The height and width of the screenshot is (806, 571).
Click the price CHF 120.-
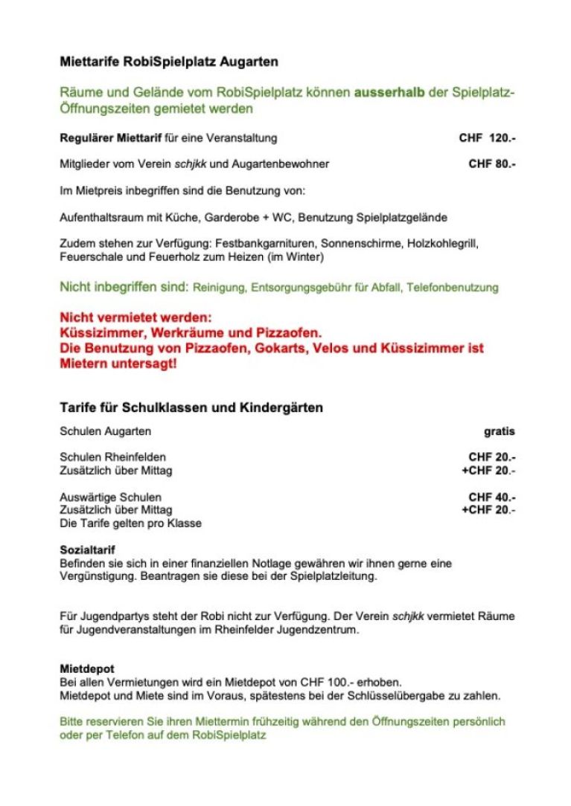pyautogui.click(x=487, y=138)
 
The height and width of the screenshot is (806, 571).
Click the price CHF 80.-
pyautogui.click(x=492, y=164)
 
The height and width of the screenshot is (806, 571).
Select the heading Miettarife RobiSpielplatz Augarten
pyautogui.click(x=169, y=62)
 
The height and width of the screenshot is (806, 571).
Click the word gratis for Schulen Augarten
pyautogui.click(x=499, y=431)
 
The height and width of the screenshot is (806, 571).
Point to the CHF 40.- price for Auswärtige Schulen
pyautogui.click(x=492, y=497)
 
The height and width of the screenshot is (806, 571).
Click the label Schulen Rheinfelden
pyautogui.click(x=112, y=457)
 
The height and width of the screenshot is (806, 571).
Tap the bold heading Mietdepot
pyautogui.click(x=87, y=668)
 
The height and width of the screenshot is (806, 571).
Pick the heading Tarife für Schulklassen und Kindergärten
pyautogui.click(x=191, y=408)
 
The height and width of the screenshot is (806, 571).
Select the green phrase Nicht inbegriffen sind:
pyautogui.click(x=124, y=286)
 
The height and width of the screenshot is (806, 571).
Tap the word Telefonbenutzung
pyautogui.click(x=455, y=287)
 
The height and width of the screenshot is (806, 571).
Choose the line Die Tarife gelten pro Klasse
pyautogui.click(x=130, y=523)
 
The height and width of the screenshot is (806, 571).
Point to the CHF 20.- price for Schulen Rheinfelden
pyautogui.click(x=492, y=457)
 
